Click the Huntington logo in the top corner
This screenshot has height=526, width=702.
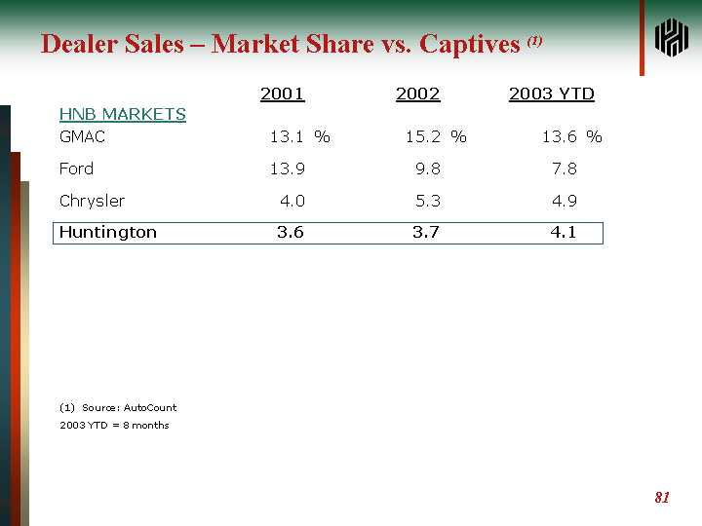click(672, 38)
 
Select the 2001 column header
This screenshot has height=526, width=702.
click(283, 94)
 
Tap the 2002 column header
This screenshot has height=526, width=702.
click(418, 94)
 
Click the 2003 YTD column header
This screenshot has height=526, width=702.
click(552, 94)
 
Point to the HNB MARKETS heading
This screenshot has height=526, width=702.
click(123, 115)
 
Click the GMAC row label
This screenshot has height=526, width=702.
click(82, 137)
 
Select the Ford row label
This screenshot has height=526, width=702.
click(77, 169)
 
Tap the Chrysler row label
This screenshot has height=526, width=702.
click(93, 202)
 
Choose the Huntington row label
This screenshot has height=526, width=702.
click(108, 233)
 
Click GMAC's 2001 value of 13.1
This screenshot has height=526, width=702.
click(288, 137)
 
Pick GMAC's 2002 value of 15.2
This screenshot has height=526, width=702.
click(423, 137)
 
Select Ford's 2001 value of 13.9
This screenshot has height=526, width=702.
click(288, 169)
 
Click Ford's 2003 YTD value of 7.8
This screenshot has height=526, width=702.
click(564, 169)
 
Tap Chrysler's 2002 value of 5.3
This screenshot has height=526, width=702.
click(428, 202)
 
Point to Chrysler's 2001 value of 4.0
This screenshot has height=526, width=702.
click(292, 202)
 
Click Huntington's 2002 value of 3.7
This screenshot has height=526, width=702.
click(426, 233)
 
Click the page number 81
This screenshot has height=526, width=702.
click(662, 498)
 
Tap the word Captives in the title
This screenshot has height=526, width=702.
click(469, 45)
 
